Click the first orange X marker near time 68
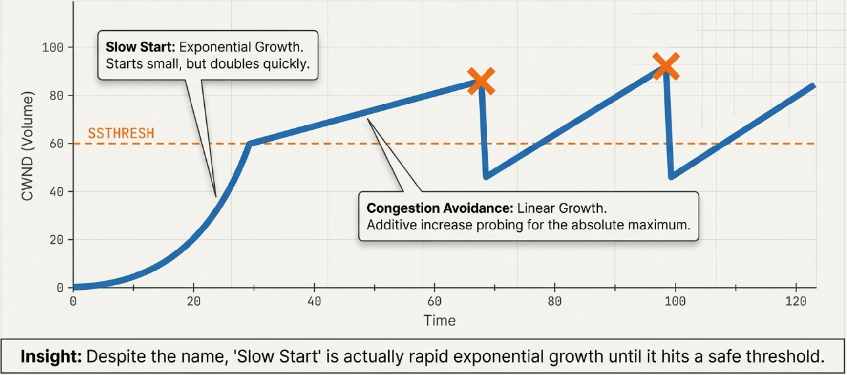481,81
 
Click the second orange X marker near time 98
666,66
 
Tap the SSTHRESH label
121,133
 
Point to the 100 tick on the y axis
53,48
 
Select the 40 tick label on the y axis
57,192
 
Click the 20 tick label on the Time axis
193,301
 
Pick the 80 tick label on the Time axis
554,301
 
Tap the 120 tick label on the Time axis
796,301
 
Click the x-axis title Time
440,321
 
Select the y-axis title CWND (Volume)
27,146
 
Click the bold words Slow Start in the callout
140,47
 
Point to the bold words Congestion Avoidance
440,208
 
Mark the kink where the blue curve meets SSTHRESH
249,144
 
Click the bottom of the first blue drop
487,176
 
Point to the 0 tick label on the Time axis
73,301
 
